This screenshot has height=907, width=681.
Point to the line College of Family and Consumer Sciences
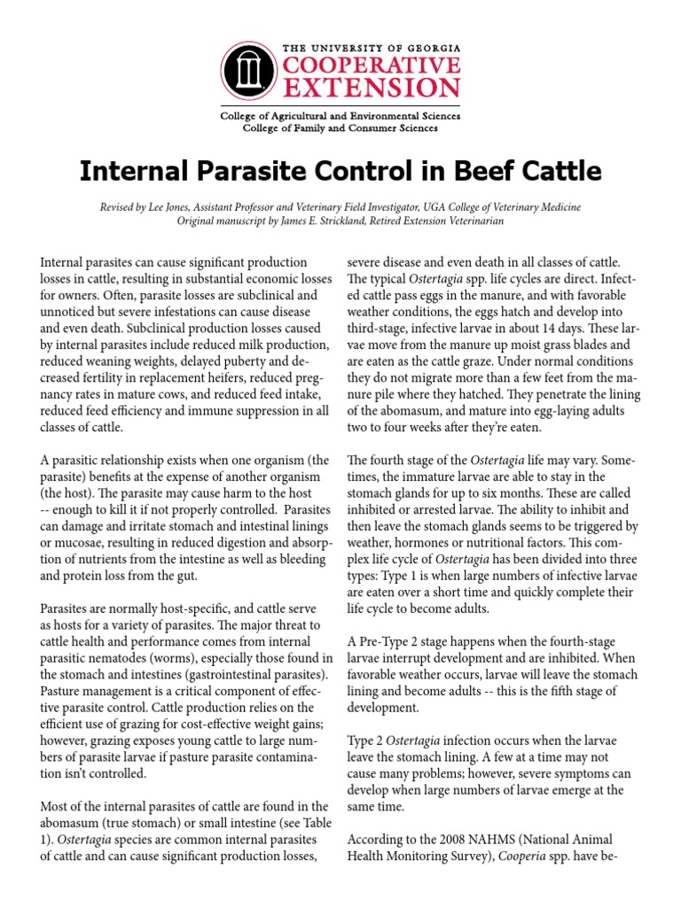point(340,128)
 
